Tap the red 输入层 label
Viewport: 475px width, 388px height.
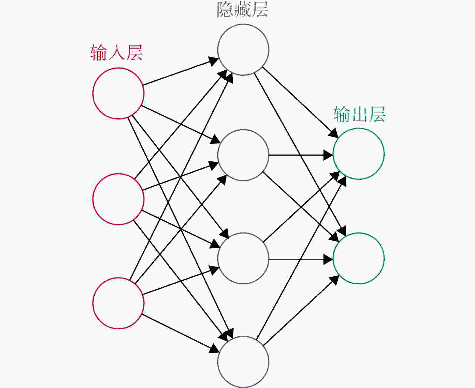click(117, 52)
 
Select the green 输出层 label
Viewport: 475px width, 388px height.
click(359, 114)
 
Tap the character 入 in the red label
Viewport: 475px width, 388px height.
click(117, 52)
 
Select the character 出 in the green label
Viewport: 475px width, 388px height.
click(359, 114)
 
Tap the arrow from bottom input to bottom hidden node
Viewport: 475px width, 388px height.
click(180, 333)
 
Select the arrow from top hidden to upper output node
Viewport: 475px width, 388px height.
click(300, 102)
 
